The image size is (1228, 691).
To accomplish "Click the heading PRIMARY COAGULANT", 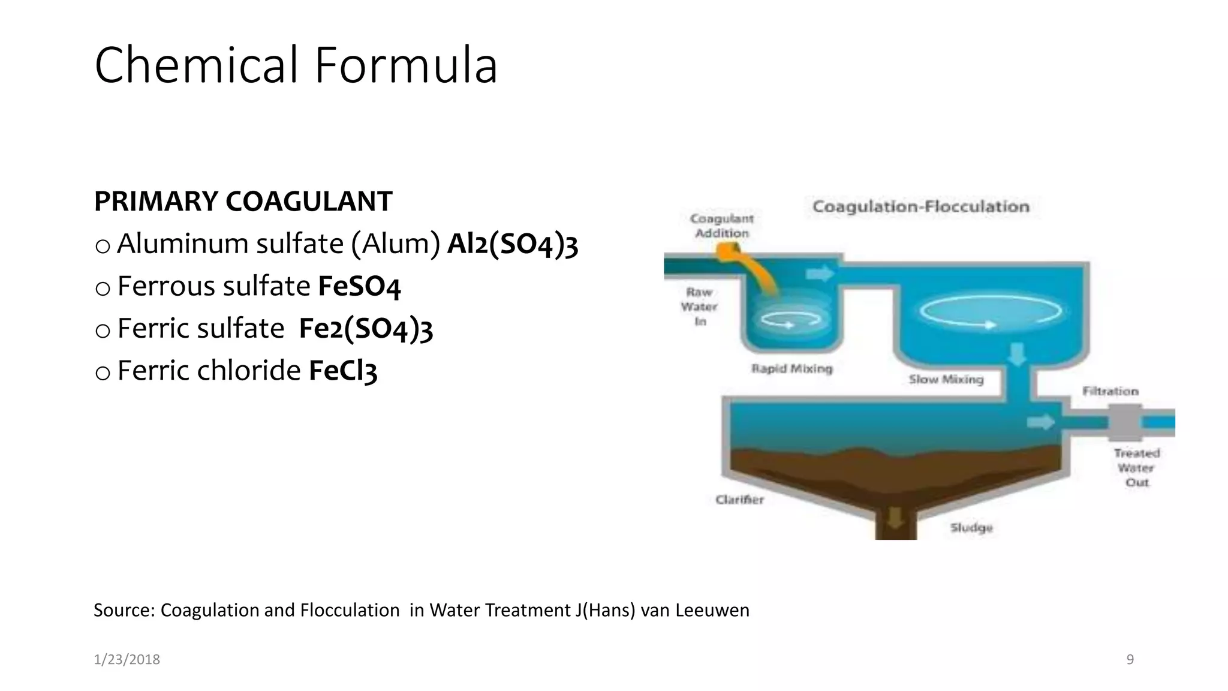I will pyautogui.click(x=243, y=202).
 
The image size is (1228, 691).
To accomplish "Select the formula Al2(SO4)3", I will pyautogui.click(x=513, y=244).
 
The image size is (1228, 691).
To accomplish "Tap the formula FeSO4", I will pyautogui.click(x=359, y=286).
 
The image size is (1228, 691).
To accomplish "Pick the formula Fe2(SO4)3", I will pyautogui.click(x=366, y=329).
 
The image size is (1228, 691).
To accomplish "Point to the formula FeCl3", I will pyautogui.click(x=343, y=371).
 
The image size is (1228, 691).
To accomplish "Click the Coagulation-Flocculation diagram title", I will pyautogui.click(x=920, y=207).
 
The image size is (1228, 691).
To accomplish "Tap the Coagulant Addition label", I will pyautogui.click(x=722, y=226).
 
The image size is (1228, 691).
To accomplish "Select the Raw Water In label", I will pyautogui.click(x=699, y=307).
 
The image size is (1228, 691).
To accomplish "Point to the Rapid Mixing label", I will pyautogui.click(x=791, y=368).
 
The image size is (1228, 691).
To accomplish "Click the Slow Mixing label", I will pyautogui.click(x=946, y=379).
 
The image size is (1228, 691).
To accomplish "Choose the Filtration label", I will pyautogui.click(x=1110, y=391).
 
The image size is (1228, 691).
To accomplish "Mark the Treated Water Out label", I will pyautogui.click(x=1136, y=467).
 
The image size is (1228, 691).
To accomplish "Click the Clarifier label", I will pyautogui.click(x=739, y=499).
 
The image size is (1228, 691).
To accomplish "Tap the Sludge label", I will pyautogui.click(x=971, y=527).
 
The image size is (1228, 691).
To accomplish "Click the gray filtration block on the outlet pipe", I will pyautogui.click(x=1124, y=422).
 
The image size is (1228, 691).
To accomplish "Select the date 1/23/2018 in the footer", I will pyautogui.click(x=127, y=660).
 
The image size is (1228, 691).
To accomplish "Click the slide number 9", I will pyautogui.click(x=1130, y=660).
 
